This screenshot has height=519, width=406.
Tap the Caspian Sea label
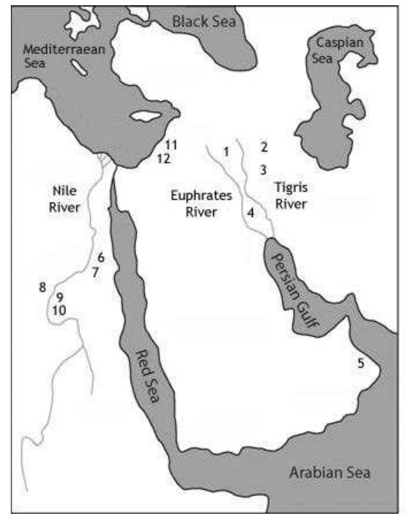click(x=333, y=50)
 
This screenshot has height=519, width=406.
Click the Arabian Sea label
click(x=331, y=472)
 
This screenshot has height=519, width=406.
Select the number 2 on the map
click(x=264, y=147)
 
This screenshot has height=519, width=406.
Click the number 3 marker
click(x=264, y=169)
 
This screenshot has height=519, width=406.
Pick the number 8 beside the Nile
click(x=43, y=287)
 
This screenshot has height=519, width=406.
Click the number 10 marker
click(x=60, y=310)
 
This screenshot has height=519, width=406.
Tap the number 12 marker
click(x=164, y=158)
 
